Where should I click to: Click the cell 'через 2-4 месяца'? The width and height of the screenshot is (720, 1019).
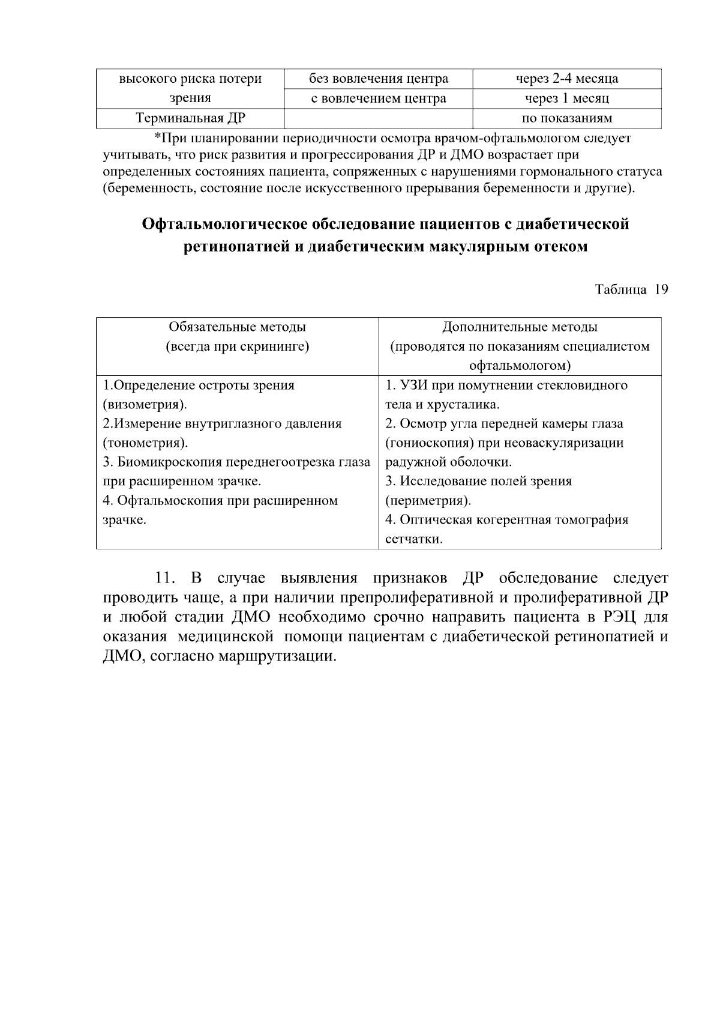click(567, 79)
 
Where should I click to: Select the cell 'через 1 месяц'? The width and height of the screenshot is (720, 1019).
click(567, 98)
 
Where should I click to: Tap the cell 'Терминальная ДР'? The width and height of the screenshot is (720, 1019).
click(190, 118)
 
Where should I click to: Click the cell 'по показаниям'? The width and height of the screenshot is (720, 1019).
click(567, 118)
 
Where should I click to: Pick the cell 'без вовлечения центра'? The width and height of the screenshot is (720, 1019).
click(378, 79)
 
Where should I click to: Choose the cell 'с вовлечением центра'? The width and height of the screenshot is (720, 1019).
click(378, 98)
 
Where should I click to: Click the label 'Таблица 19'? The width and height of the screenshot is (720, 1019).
click(631, 289)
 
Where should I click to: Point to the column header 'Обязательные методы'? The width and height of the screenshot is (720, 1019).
click(237, 327)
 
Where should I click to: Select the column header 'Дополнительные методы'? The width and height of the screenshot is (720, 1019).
click(520, 327)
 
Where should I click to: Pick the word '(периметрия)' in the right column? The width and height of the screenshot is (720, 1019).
click(428, 501)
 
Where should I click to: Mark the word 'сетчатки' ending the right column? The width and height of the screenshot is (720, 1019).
click(413, 539)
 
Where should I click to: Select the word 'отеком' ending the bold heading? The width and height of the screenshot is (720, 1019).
click(560, 247)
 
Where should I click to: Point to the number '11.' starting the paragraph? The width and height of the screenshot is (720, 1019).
click(164, 579)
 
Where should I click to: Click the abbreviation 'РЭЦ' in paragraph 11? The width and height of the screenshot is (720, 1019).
click(614, 617)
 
